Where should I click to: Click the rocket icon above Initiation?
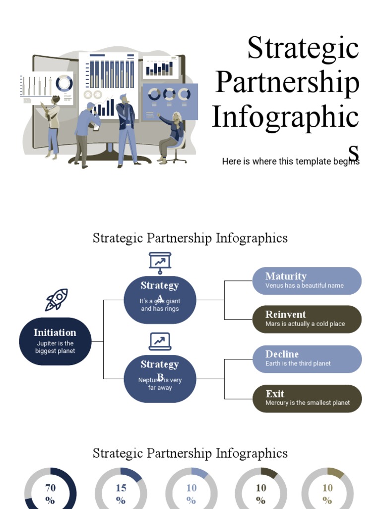tap(56, 300)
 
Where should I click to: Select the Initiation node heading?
tap(55, 333)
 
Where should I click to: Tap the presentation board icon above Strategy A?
tap(160, 263)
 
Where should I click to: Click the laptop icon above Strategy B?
tap(160, 341)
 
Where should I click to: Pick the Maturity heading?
tap(286, 276)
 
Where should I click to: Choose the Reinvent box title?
tap(285, 314)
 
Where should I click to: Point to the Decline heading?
tap(282, 354)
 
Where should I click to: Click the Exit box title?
tap(275, 394)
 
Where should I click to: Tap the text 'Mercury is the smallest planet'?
tap(308, 403)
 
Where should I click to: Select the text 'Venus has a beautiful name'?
tap(304, 285)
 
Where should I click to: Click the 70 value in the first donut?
tap(51, 488)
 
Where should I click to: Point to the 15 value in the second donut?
tap(121, 488)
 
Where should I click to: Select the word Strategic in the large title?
tap(303, 48)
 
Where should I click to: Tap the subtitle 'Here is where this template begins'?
tap(290, 162)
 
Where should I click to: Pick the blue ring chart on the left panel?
tap(64, 83)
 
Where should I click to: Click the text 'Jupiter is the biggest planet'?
tap(55, 347)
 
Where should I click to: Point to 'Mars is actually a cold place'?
tap(305, 324)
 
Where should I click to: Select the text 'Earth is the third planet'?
tap(298, 363)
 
